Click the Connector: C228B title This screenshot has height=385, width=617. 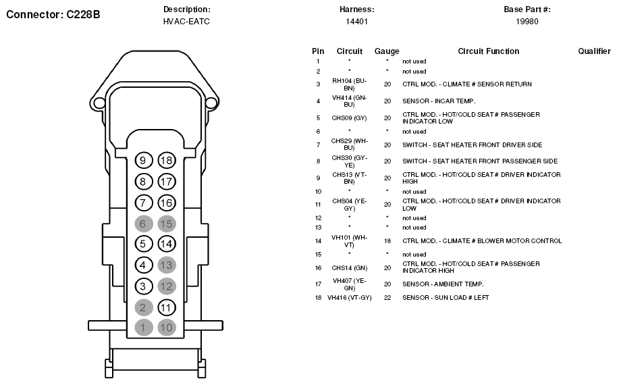[53, 15]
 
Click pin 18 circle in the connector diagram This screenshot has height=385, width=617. [167, 160]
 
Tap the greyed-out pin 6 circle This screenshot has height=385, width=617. [143, 224]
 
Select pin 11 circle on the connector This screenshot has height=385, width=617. [167, 307]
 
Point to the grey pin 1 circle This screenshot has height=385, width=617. [143, 327]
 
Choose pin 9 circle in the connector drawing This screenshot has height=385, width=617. [143, 160]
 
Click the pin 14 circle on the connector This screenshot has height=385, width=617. [167, 244]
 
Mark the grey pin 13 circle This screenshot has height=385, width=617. [167, 265]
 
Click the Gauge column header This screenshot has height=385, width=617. [387, 51]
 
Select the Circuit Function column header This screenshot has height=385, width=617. [488, 51]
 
